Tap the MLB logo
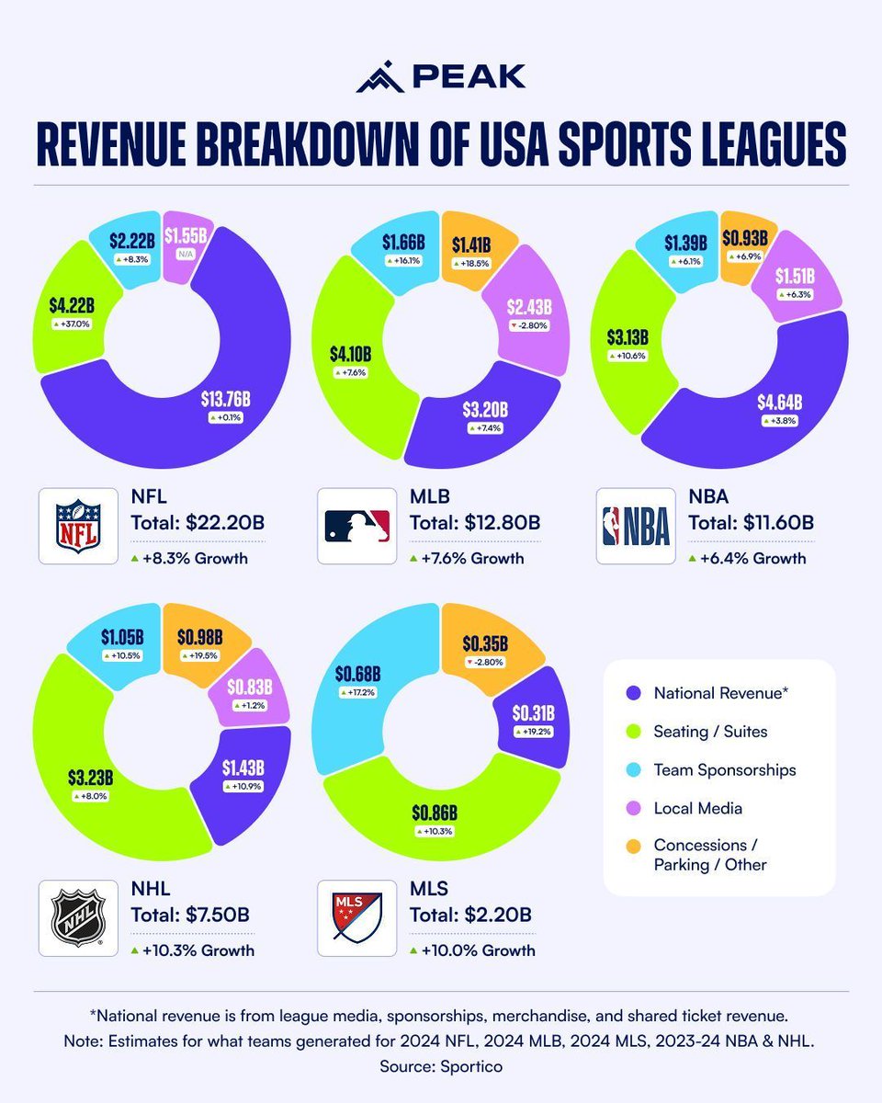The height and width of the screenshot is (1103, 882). pyautogui.click(x=356, y=525)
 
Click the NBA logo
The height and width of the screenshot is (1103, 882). pyautogui.click(x=636, y=525)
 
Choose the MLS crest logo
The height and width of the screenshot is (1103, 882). pyautogui.click(x=356, y=918)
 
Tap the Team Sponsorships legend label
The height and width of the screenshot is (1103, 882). pyautogui.click(x=724, y=770)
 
